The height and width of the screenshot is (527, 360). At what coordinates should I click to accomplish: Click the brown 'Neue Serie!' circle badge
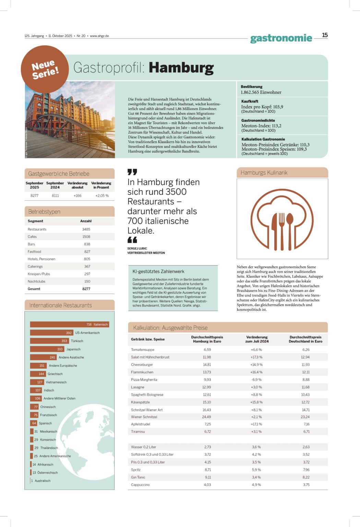(x=45, y=69)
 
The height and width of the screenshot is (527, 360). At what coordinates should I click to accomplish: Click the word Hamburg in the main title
(x=181, y=68)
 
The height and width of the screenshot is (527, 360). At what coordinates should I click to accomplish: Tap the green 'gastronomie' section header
(x=281, y=38)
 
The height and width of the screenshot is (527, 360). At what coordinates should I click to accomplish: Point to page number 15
(x=325, y=35)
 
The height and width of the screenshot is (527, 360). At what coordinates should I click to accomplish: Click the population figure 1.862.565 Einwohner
(x=261, y=92)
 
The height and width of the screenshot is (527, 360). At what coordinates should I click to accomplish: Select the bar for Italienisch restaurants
(x=69, y=324)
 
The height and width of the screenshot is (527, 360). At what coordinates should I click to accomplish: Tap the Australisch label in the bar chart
(x=43, y=481)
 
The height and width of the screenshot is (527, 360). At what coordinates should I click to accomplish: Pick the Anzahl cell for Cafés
(x=86, y=237)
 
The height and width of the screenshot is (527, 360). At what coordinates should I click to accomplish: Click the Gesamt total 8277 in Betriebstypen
(x=86, y=289)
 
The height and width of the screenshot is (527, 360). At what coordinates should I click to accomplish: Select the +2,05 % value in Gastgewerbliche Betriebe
(x=102, y=196)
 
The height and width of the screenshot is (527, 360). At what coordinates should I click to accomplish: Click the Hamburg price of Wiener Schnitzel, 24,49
(x=206, y=417)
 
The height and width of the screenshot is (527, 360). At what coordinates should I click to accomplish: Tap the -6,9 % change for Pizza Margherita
(x=256, y=380)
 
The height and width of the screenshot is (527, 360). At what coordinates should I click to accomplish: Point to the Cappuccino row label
(x=140, y=485)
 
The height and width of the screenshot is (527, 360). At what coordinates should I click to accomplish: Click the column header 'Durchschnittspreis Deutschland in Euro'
(x=305, y=339)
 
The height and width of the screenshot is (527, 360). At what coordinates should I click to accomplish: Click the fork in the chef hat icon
(x=282, y=226)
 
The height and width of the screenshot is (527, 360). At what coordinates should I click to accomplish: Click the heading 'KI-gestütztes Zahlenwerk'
(x=158, y=271)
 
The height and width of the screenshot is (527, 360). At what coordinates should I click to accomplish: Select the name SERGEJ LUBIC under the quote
(x=137, y=248)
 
